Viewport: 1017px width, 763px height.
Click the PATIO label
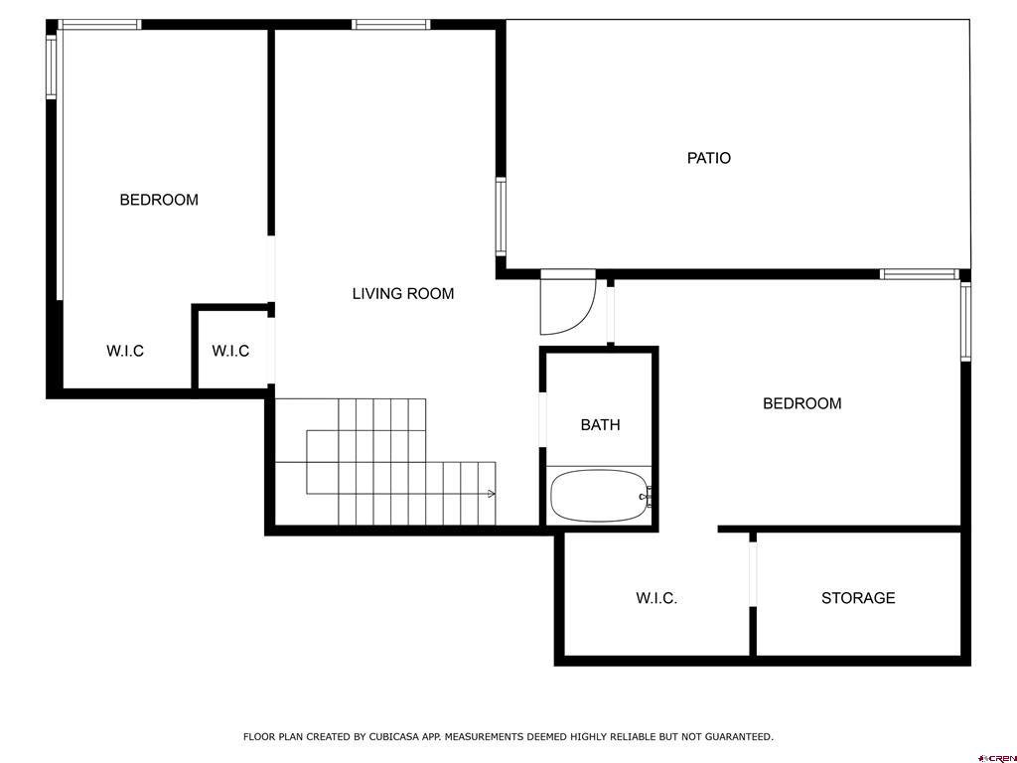(709, 158)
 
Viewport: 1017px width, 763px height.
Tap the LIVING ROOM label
(403, 293)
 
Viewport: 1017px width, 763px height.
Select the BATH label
(600, 425)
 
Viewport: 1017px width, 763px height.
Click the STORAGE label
(858, 598)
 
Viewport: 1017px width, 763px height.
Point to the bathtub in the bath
(599, 496)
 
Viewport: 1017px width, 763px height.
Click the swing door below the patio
(566, 303)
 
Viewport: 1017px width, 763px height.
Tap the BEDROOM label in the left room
(159, 200)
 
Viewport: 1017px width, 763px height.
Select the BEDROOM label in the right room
(801, 403)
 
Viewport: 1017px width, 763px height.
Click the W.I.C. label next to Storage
(656, 598)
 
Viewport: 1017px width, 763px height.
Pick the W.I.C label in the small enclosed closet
(230, 351)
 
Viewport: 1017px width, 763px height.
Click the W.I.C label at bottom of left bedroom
(125, 351)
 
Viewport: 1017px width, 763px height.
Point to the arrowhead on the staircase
(491, 493)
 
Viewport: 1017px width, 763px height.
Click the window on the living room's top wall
(391, 25)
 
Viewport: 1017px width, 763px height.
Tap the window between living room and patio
(501, 217)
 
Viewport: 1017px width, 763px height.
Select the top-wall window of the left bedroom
(99, 25)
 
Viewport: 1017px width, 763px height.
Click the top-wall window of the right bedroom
(920, 274)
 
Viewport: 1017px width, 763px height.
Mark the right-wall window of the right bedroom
(965, 321)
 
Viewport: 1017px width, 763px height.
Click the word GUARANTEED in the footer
(738, 737)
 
